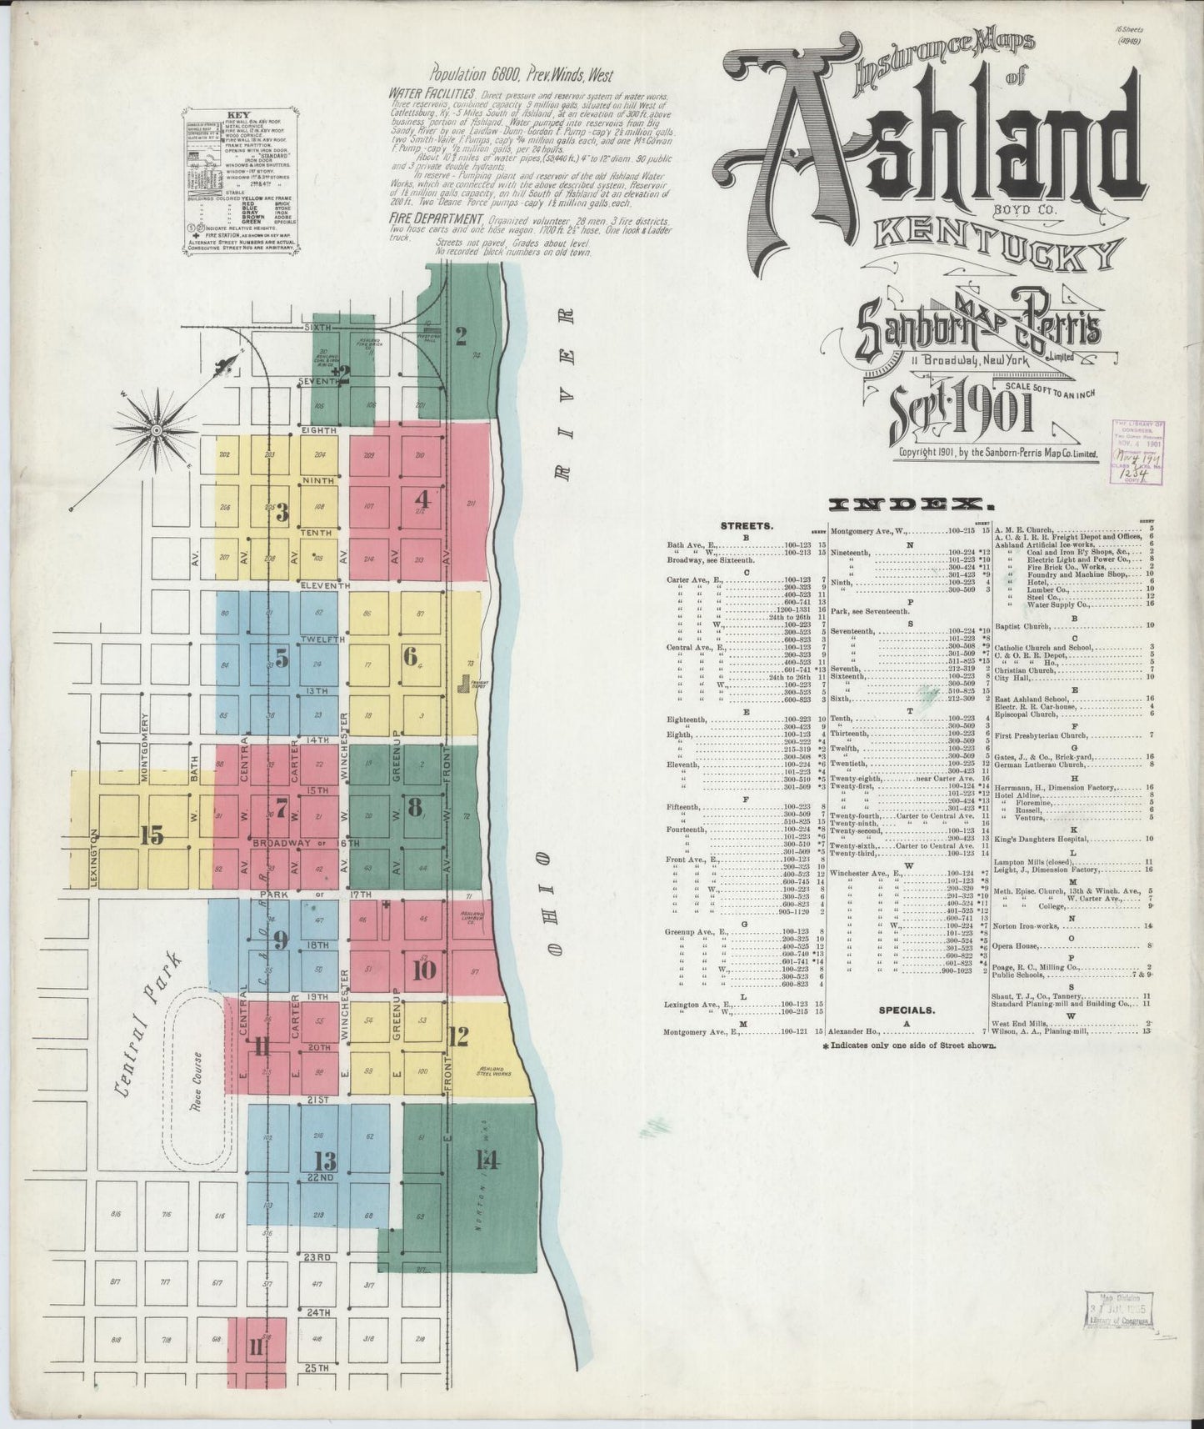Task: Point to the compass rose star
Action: coord(156,429)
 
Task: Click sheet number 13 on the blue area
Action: coord(324,1161)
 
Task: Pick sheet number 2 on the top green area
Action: coord(460,336)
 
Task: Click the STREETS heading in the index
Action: coord(747,526)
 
